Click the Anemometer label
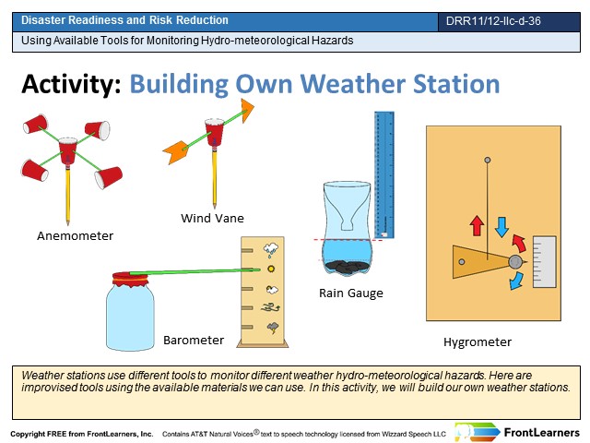(75, 236)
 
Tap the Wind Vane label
(212, 218)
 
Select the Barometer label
(194, 341)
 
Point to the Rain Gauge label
(351, 293)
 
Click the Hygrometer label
(478, 342)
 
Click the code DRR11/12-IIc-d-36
(493, 20)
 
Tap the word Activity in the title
(71, 84)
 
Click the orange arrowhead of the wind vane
(247, 110)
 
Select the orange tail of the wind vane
(175, 151)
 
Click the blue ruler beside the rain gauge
(384, 174)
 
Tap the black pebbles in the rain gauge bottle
(347, 267)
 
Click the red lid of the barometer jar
(130, 279)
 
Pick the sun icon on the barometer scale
(270, 269)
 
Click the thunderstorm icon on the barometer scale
(273, 328)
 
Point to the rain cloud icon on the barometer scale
(271, 250)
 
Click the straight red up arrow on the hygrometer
(477, 225)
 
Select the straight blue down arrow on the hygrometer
(501, 227)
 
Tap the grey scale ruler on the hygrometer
(545, 262)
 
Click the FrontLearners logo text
(541, 433)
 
